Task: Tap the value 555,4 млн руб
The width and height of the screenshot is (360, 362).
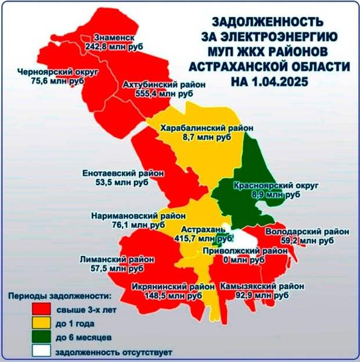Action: click(164, 94)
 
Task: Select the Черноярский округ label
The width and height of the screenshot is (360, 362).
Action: click(58, 72)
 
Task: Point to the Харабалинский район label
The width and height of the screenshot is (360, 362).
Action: click(207, 128)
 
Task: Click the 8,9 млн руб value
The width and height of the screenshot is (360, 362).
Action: click(276, 194)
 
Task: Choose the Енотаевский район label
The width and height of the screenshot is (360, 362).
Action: click(123, 173)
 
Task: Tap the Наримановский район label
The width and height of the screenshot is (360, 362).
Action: click(138, 216)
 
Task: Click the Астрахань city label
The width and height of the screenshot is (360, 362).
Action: click(203, 230)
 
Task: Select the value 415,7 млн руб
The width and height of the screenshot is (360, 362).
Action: click(203, 238)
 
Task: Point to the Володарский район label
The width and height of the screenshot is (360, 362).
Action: click(307, 231)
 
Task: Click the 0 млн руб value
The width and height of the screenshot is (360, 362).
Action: click(244, 260)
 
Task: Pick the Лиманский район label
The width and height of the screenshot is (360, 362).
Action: click(117, 259)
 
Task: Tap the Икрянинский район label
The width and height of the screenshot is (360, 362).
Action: click(173, 287)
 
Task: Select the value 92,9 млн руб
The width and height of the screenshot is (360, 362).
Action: click(262, 295)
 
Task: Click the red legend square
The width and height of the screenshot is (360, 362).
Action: click(41, 309)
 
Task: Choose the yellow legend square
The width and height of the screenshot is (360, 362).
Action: click(41, 323)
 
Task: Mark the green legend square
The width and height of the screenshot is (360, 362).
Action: click(41, 336)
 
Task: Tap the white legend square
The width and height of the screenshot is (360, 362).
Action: click(41, 350)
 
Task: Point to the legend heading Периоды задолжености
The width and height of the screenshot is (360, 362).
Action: click(60, 296)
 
